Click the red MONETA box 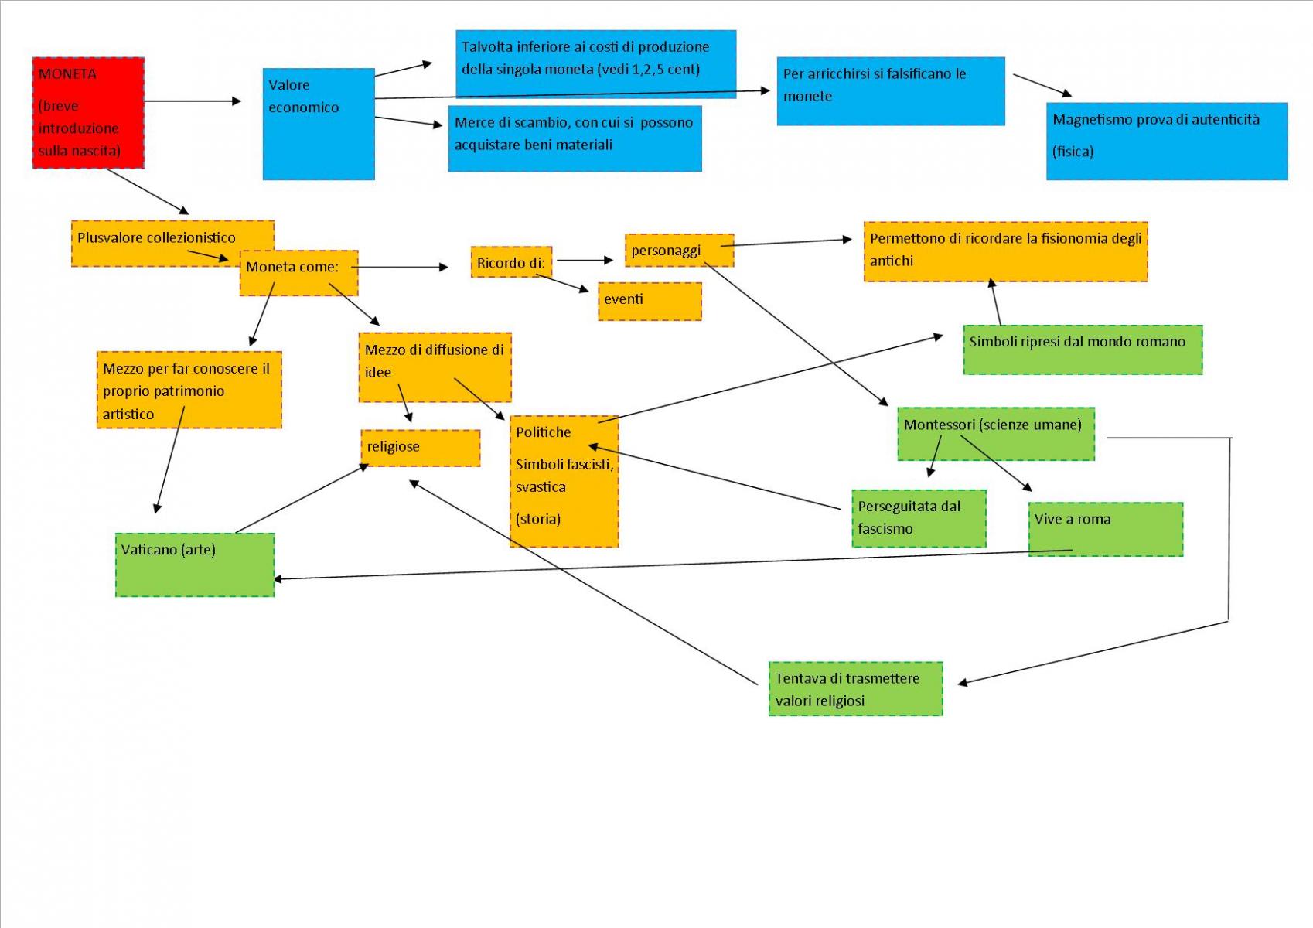tap(88, 113)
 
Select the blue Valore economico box tap(319, 124)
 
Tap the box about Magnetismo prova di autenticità tap(1166, 142)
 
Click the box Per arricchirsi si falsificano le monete tap(890, 90)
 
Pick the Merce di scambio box tap(575, 138)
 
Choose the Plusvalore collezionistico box tap(172, 244)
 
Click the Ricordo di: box tap(511, 261)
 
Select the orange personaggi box tap(679, 251)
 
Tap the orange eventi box tap(650, 302)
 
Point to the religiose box tap(421, 448)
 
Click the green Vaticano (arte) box tap(195, 565)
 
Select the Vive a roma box tap(1106, 529)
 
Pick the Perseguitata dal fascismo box tap(919, 518)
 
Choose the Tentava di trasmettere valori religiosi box tap(855, 689)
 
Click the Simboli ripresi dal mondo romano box tap(1083, 350)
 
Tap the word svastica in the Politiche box tap(541, 487)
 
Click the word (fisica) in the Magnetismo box tap(1073, 152)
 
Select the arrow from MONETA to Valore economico tap(193, 101)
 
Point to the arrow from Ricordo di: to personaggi tap(585, 260)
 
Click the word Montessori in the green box tap(939, 425)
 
